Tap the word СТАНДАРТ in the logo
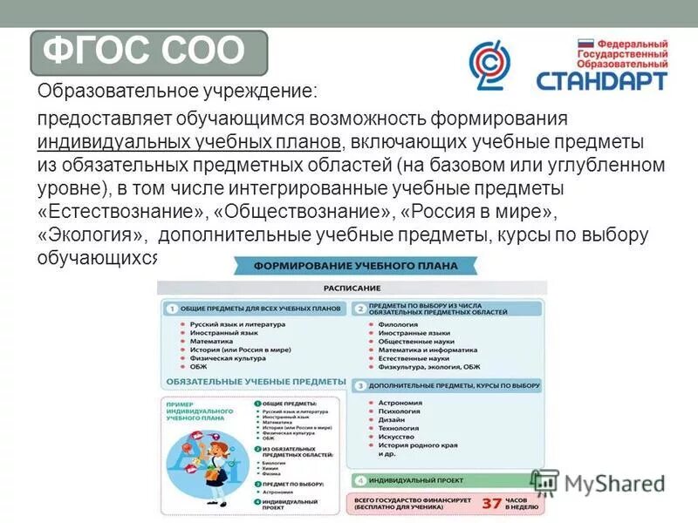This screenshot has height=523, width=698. pyautogui.click(x=601, y=81)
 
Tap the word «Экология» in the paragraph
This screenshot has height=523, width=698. pyautogui.click(x=87, y=234)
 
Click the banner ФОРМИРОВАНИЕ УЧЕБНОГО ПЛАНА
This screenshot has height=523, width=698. pyautogui.click(x=352, y=265)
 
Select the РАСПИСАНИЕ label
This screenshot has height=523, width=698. pyautogui.click(x=352, y=288)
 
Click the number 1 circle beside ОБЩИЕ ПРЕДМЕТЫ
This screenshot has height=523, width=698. pyautogui.click(x=172, y=309)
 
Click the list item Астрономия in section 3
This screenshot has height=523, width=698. pyautogui.click(x=400, y=403)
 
